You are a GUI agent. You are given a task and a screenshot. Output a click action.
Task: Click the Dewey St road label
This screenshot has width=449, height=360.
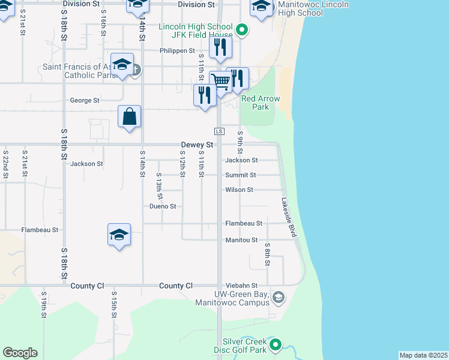click(197, 145)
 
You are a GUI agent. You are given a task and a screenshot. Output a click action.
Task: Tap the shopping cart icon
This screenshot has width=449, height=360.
click(221, 82)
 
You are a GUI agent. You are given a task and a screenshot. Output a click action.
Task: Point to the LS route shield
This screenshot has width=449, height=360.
click(219, 131)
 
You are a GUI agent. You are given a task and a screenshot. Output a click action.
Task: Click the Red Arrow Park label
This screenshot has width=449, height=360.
click(261, 103)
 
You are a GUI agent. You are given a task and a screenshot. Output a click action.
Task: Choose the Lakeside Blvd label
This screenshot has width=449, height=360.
click(288, 217)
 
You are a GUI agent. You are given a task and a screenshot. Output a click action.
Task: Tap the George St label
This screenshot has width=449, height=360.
click(85, 101)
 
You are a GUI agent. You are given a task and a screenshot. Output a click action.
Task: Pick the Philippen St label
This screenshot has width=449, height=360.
click(177, 51)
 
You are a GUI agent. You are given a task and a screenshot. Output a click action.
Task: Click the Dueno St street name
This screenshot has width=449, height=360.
click(163, 206)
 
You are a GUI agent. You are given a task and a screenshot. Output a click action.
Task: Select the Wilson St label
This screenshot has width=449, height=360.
click(240, 190)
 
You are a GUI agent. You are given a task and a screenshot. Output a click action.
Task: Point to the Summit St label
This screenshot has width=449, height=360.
click(241, 175)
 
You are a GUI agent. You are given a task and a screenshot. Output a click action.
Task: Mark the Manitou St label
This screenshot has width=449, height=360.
click(241, 240)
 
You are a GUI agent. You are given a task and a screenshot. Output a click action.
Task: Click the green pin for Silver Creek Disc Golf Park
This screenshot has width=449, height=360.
click(276, 344)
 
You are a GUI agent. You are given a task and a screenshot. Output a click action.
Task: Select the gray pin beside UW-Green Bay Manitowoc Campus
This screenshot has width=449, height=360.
click(278, 297)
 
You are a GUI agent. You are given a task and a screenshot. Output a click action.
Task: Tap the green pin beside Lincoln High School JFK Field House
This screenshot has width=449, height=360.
click(242, 28)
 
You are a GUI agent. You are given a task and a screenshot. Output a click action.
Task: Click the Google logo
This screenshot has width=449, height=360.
click(20, 353)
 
